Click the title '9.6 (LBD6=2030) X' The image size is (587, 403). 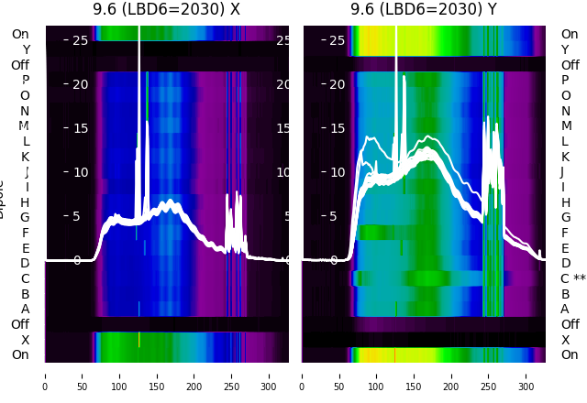[166, 9]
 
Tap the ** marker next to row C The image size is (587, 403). [579, 278]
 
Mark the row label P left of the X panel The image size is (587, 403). [25, 81]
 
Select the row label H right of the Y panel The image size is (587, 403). [565, 202]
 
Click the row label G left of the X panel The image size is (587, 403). [25, 217]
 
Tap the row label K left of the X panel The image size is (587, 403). [25, 157]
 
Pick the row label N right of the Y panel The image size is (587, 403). [565, 111]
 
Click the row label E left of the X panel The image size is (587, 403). [25, 248]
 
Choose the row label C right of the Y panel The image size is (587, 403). [565, 278]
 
